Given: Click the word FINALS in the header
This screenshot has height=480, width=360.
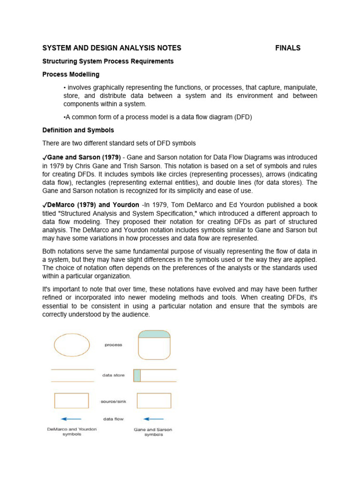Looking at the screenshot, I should point(288,48).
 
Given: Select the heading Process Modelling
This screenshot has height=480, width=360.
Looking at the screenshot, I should point(71,75).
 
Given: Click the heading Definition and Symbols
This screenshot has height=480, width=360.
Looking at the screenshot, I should point(78,130).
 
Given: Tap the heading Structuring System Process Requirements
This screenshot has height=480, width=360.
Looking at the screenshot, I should point(108,61).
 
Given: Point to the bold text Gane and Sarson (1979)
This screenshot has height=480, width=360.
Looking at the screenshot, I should point(82,157).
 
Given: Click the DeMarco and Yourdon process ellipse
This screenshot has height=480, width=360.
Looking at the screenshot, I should point(72,345).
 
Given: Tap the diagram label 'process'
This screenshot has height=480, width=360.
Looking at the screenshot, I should point(113,345).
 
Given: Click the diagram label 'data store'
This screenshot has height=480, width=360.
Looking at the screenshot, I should point(113,375).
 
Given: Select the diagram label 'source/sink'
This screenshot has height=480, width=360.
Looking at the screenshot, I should point(113,401).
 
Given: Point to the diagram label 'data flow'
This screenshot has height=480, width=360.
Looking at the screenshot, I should point(113,419).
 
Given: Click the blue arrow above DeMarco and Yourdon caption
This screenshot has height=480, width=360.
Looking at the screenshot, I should point(71,419).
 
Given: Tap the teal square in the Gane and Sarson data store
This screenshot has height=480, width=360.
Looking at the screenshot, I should point(137,375).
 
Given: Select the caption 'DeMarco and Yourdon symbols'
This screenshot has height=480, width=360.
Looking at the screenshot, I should point(71,432).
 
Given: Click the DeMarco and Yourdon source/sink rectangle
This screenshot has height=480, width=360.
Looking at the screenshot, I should point(71,401).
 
